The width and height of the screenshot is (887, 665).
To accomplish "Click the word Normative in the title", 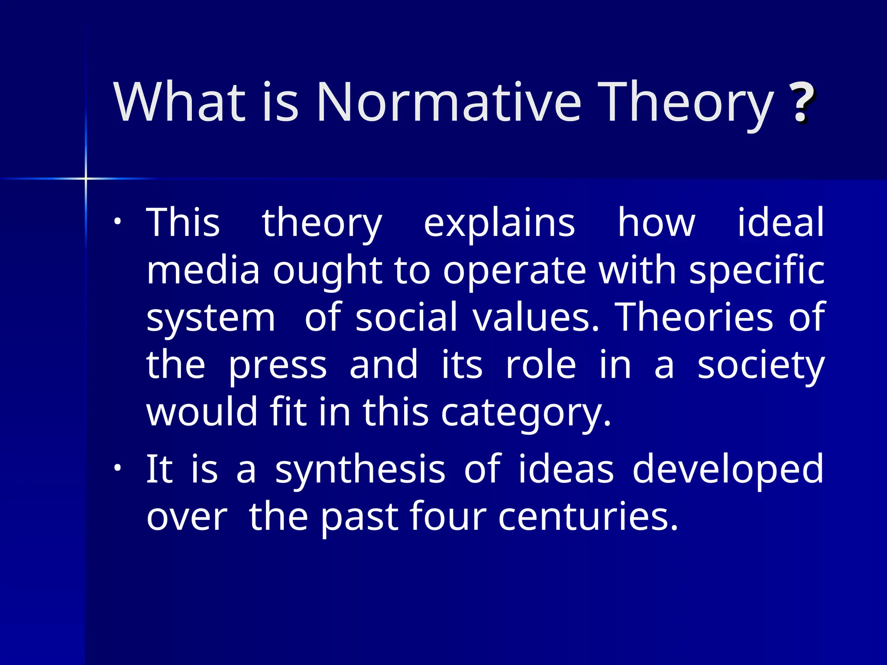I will coord(448,103).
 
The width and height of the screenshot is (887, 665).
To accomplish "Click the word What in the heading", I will coord(179,103).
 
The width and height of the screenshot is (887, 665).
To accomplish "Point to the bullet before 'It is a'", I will coord(117,468).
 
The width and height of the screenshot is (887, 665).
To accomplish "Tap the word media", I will coord(203,270).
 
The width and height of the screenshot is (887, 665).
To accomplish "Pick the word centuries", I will coord(587,517).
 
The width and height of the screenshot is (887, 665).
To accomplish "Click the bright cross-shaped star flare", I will coord(86,178).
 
